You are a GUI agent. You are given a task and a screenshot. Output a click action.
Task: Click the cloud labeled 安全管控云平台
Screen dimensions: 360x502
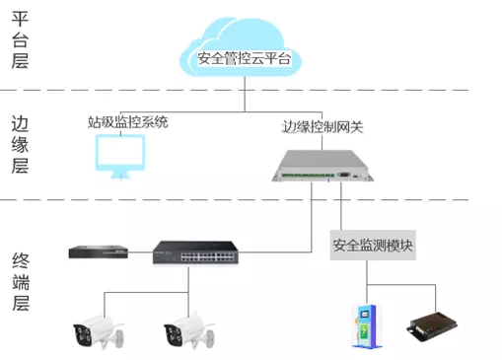coord(245,54)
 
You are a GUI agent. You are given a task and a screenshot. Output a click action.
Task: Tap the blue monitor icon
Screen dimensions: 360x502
coord(119,155)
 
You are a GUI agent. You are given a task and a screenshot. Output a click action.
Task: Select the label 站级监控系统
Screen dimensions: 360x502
coord(127,123)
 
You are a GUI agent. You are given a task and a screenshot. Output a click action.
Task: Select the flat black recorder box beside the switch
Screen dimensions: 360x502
coord(100,252)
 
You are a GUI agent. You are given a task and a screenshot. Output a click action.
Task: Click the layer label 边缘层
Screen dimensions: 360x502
coord(19,144)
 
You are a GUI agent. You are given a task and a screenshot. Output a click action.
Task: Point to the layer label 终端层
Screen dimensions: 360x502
coord(19,281)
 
